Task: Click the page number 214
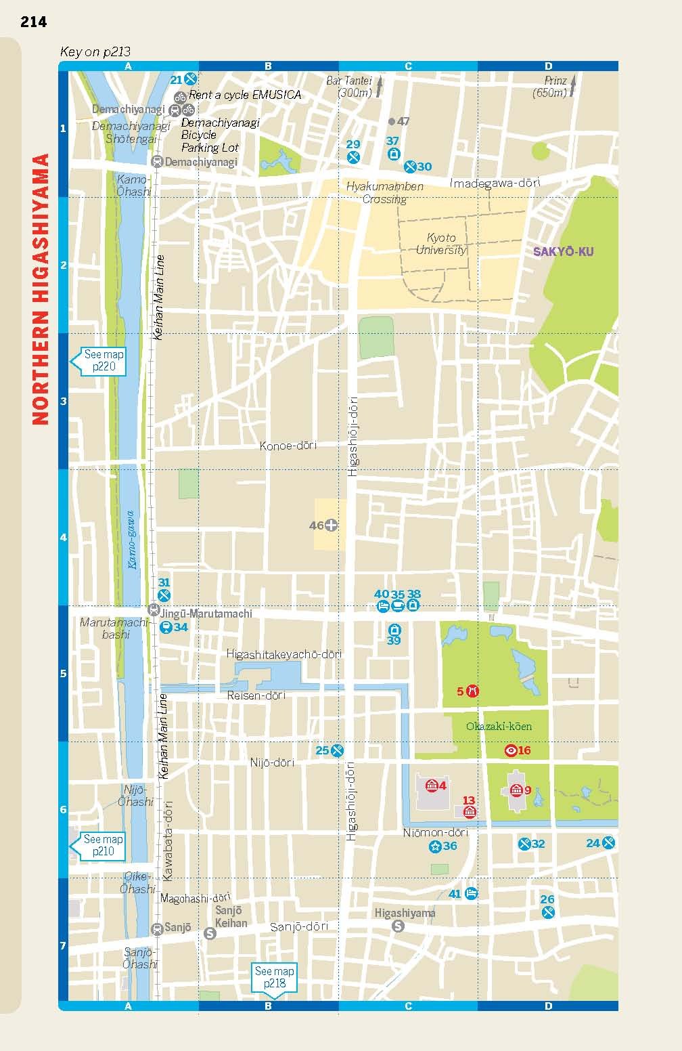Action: (x=33, y=22)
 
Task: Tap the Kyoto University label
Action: (x=441, y=244)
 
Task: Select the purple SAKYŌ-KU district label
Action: (x=563, y=252)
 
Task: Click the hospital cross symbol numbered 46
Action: (x=332, y=525)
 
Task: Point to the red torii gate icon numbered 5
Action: (x=473, y=691)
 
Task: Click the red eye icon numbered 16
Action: (x=511, y=750)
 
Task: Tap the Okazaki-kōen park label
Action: (x=499, y=727)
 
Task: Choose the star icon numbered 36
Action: (x=435, y=846)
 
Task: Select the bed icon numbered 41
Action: (x=472, y=893)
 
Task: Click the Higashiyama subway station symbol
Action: (x=399, y=926)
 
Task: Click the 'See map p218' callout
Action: (x=274, y=977)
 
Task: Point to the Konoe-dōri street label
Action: (x=288, y=446)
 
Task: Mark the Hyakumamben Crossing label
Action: (x=384, y=192)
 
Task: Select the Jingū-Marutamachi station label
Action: (x=206, y=614)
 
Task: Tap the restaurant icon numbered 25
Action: (x=337, y=750)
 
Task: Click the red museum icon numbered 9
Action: (x=516, y=790)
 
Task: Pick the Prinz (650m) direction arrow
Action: (x=573, y=86)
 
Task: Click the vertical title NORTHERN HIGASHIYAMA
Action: (x=41, y=289)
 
